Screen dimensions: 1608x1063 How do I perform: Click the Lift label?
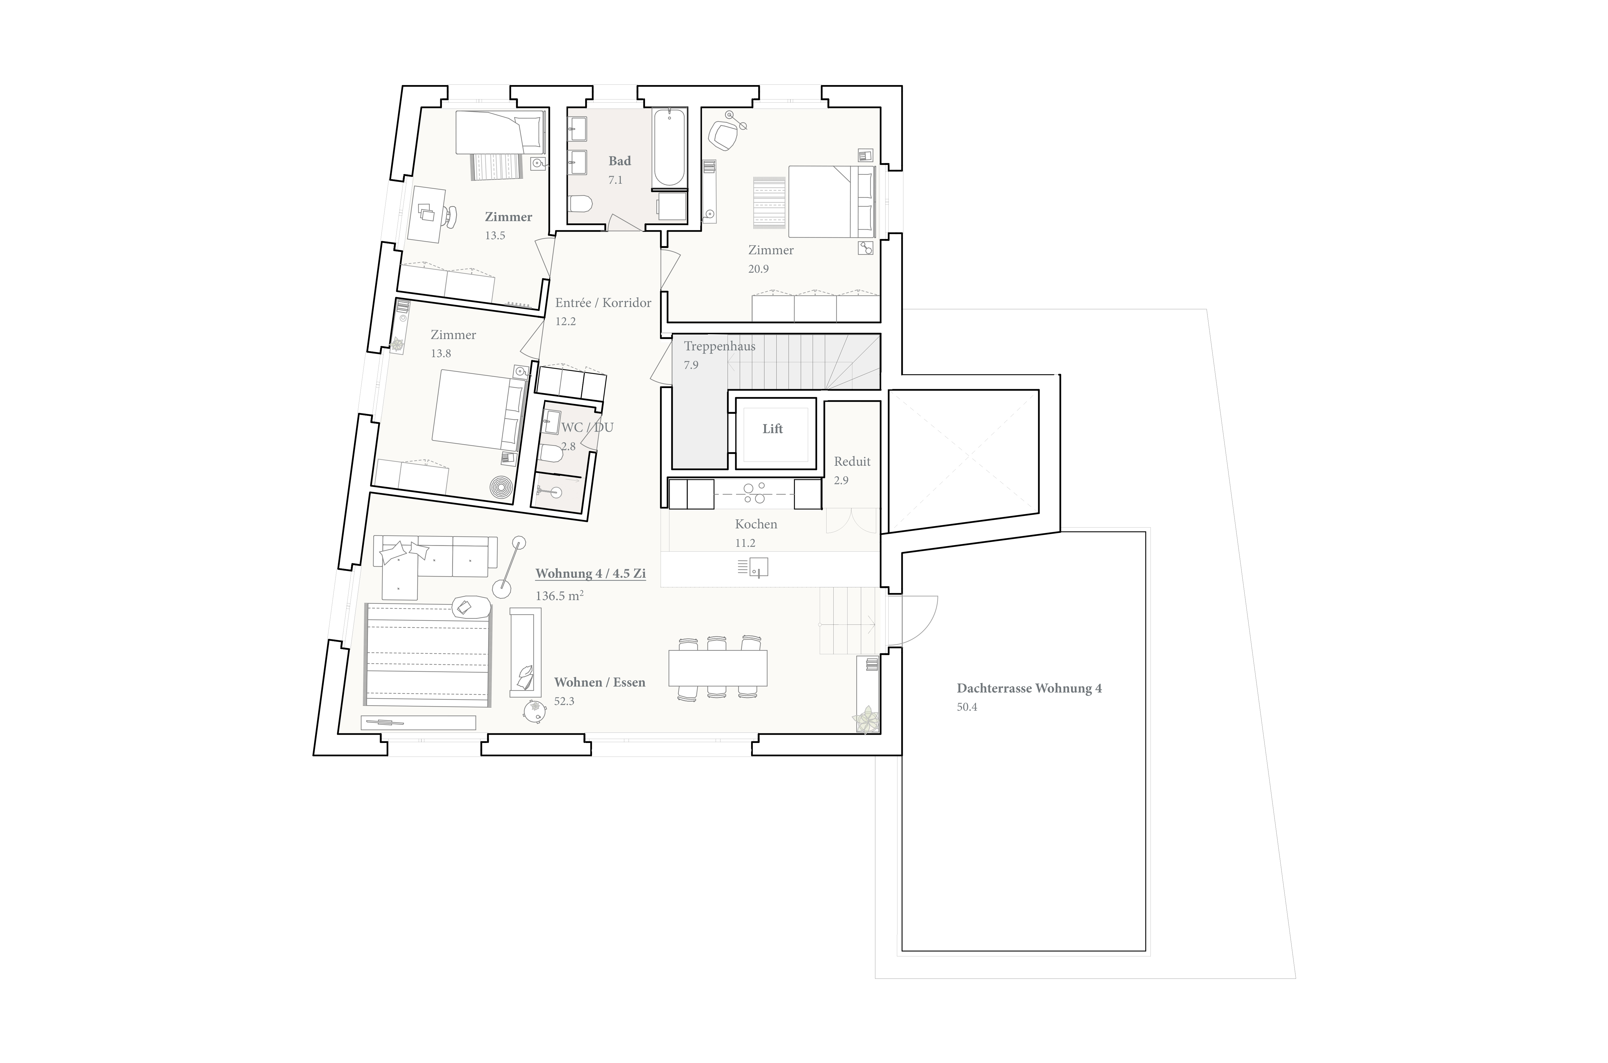(772, 428)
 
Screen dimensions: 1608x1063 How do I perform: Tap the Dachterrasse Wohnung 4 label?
(1029, 688)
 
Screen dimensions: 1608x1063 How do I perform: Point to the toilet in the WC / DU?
(551, 454)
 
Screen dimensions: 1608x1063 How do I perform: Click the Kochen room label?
(756, 524)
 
